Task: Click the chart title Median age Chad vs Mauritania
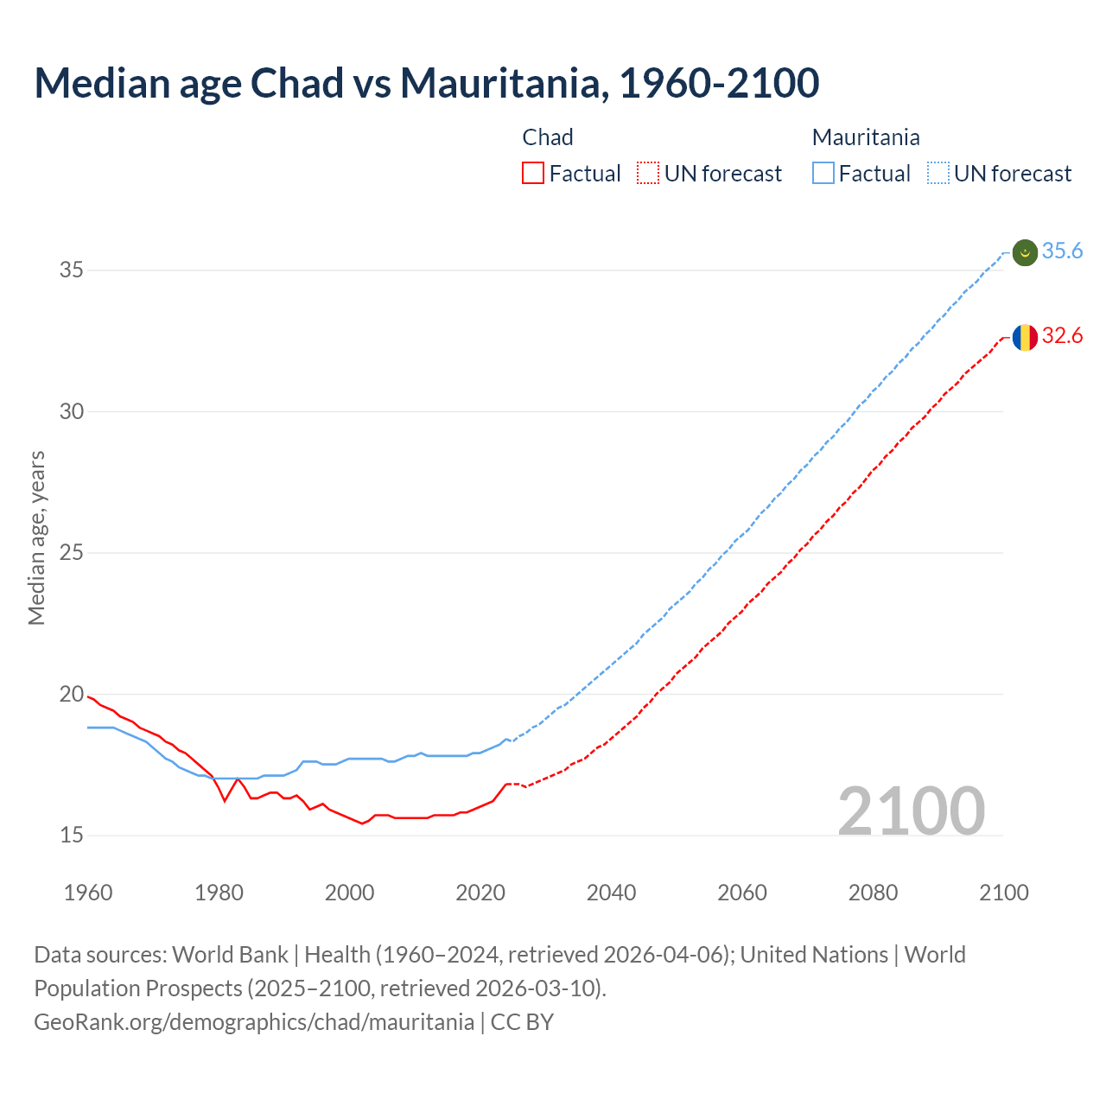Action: [426, 83]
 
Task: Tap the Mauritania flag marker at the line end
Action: [1025, 252]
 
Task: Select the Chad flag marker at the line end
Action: [1025, 337]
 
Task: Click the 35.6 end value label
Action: [1062, 251]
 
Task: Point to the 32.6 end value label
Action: [1062, 336]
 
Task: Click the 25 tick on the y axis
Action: [71, 553]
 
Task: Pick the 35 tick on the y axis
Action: [71, 270]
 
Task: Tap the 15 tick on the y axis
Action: [71, 836]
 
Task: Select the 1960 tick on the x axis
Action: [88, 893]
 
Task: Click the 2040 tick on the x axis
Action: [611, 893]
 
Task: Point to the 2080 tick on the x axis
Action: [873, 893]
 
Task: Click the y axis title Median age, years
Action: [36, 537]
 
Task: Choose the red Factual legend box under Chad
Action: [533, 174]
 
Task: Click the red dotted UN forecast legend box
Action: [648, 174]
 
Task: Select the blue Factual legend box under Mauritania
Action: [823, 174]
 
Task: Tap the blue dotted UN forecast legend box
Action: [938, 174]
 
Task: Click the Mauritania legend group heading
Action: [865, 137]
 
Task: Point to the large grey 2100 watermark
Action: [911, 810]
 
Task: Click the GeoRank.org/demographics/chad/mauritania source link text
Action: [254, 1022]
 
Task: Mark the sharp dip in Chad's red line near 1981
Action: [225, 801]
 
